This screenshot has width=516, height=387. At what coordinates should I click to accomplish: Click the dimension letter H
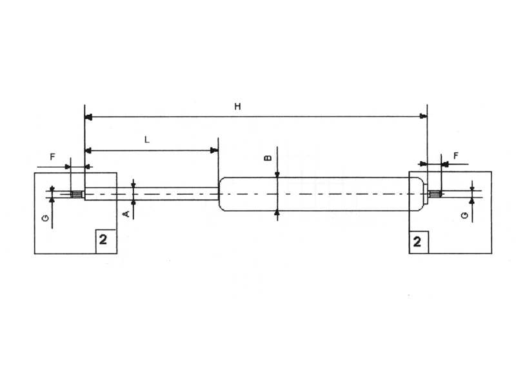pos(237,107)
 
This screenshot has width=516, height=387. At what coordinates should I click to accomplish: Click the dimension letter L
pos(147,139)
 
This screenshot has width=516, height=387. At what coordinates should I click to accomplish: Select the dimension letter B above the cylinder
pos(269,157)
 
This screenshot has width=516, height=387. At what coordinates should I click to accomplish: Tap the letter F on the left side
pos(53,157)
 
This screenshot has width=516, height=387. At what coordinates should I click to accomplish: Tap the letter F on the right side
pos(456,156)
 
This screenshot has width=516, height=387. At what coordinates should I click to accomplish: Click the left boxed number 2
pos(104,241)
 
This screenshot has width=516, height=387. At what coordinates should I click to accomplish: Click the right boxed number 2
pos(418,242)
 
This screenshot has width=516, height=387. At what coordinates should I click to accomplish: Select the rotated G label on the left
pos(45,219)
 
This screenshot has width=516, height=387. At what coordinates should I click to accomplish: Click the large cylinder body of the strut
pos(322,193)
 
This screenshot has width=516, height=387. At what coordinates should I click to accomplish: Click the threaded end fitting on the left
pos(77,195)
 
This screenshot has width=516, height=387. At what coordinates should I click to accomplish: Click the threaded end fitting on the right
pos(435,193)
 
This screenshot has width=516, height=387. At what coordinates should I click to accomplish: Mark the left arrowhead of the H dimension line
pos(89,117)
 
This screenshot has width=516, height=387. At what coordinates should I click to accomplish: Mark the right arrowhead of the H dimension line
pos(423,117)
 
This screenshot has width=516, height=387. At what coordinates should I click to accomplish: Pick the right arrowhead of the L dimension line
pos(214,151)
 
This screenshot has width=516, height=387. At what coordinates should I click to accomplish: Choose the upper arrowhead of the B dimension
pos(277,174)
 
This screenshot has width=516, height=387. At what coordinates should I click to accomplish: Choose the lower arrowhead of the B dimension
pos(277,212)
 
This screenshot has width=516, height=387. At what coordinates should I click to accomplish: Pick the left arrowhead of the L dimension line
pos(89,151)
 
